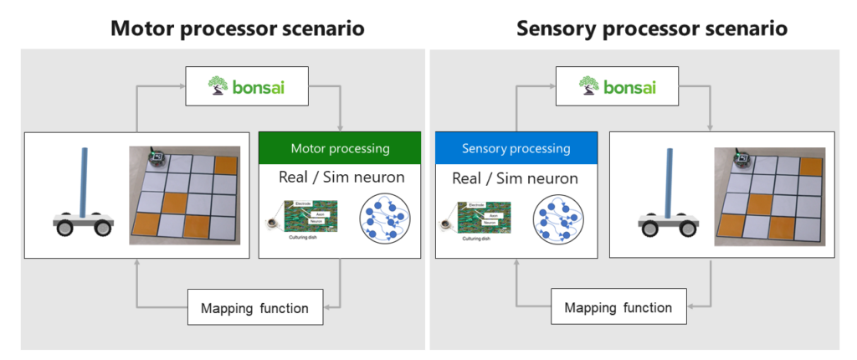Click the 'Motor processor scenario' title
pos(237,28)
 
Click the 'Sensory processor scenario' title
pos(652,28)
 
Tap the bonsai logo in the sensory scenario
pos(629,86)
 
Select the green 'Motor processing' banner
pos(340,148)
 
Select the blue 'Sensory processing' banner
pos(516,148)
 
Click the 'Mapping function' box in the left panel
pos(254,308)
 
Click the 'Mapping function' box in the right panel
pos(618,307)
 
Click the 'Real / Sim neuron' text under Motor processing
pos(340,177)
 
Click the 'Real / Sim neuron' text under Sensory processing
pos(516,177)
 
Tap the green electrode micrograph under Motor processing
pos(310,216)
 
